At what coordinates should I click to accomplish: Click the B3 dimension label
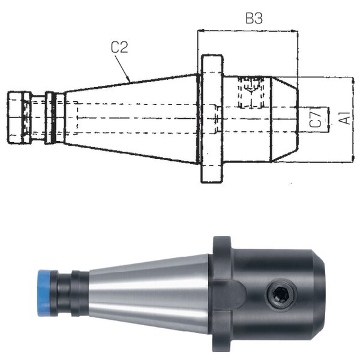click(x=254, y=19)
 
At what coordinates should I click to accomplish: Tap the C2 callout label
click(x=119, y=47)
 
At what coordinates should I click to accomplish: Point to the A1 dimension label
click(x=344, y=118)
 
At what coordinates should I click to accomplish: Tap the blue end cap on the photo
click(x=44, y=293)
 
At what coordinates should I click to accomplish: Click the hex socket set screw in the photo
click(x=282, y=294)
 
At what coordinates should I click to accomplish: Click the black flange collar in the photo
click(x=221, y=294)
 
